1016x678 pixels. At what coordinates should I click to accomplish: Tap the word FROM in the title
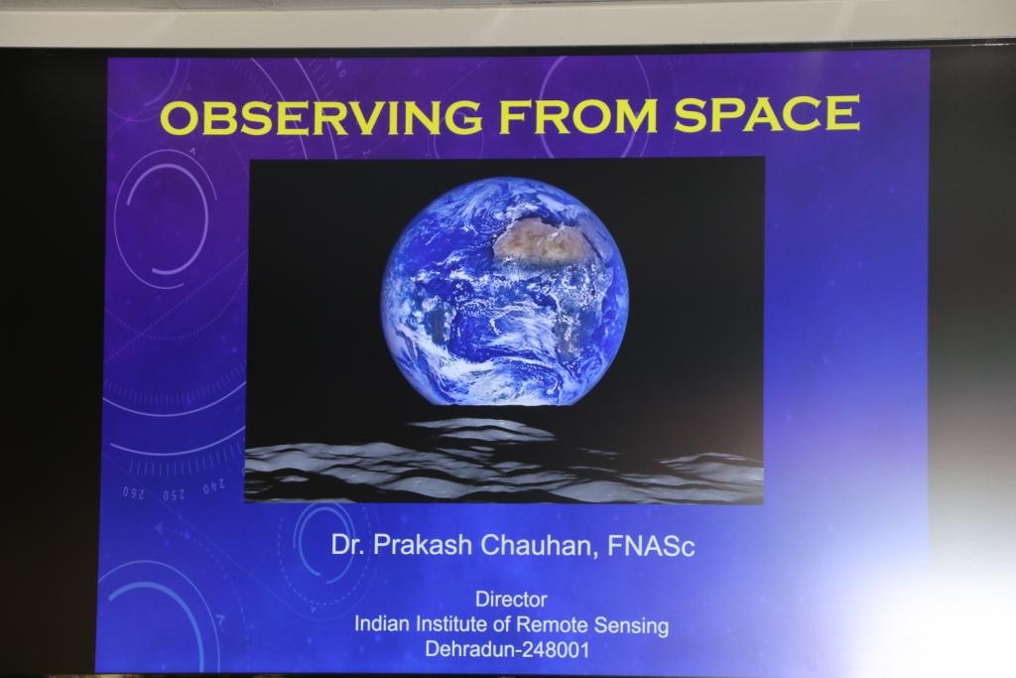tap(578, 115)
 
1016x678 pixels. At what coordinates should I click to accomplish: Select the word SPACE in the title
tap(767, 113)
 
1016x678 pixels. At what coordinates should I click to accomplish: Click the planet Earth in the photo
tap(504, 292)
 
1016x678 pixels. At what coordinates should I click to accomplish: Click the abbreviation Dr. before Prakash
tap(348, 544)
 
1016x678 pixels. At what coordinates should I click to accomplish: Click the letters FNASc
tap(651, 546)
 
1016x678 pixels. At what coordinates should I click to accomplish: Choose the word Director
tap(511, 599)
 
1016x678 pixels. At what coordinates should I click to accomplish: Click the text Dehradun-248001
tap(507, 649)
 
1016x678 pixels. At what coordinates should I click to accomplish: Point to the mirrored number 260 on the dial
tap(133, 493)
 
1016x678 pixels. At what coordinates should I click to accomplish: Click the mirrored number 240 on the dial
tap(214, 486)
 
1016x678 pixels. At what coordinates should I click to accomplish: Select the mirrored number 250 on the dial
tap(174, 495)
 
